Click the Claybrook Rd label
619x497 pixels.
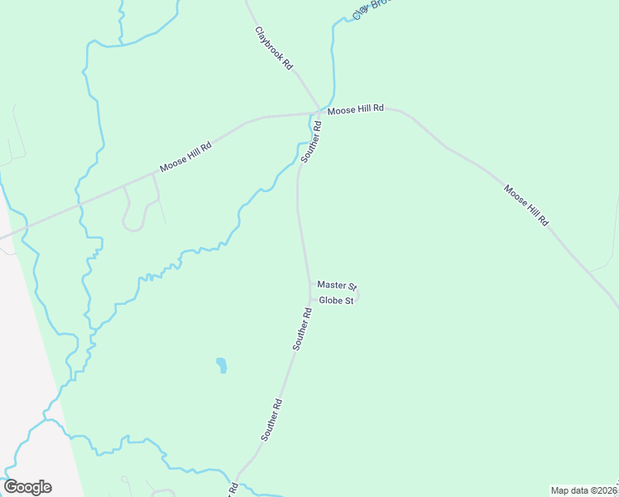274,48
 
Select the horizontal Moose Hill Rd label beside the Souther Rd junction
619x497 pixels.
356,109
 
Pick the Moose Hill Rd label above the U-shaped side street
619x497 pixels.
185,156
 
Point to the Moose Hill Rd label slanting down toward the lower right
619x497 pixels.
526,205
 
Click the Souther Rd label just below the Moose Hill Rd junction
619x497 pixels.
311,142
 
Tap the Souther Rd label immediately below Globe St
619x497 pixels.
301,329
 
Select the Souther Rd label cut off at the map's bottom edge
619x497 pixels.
234,489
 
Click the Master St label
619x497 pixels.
336,285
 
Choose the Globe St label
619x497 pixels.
337,301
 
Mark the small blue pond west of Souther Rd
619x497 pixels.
221,364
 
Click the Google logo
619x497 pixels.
27,487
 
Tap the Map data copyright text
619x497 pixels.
584,490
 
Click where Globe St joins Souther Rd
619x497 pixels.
311,300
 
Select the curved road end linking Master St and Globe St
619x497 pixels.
358,292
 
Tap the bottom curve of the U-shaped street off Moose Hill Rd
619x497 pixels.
132,229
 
